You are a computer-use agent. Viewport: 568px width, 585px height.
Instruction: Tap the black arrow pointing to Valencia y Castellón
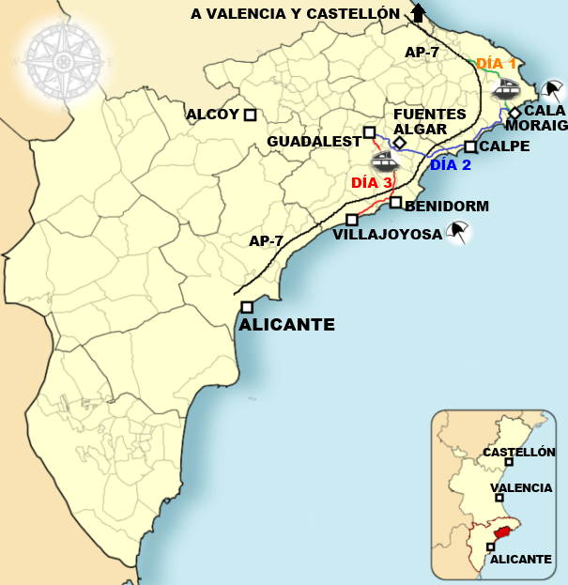tap(418, 13)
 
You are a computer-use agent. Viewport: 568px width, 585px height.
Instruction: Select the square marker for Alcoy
tap(250, 115)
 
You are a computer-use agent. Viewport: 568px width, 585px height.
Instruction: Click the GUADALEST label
tap(314, 142)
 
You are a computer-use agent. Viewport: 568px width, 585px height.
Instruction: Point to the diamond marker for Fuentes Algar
tap(399, 143)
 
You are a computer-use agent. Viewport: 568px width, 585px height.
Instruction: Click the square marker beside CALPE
tap(470, 146)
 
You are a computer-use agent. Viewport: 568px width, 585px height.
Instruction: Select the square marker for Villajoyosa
tap(352, 220)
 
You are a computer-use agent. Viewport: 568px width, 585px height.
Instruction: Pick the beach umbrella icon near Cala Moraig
tap(553, 92)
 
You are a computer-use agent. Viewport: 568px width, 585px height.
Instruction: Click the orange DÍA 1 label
tap(496, 64)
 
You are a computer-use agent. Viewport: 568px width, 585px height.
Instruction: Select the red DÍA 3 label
tap(371, 183)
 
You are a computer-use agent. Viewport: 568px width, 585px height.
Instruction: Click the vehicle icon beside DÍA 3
tap(385, 162)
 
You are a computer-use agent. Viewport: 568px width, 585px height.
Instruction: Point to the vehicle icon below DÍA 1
tap(506, 88)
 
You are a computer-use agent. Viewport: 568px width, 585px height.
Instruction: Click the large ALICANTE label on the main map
tap(287, 325)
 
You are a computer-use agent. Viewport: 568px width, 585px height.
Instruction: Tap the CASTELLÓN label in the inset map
tap(518, 452)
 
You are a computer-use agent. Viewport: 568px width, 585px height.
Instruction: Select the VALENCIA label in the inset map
tap(519, 487)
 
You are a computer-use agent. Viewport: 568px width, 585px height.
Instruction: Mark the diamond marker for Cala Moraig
tap(514, 113)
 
